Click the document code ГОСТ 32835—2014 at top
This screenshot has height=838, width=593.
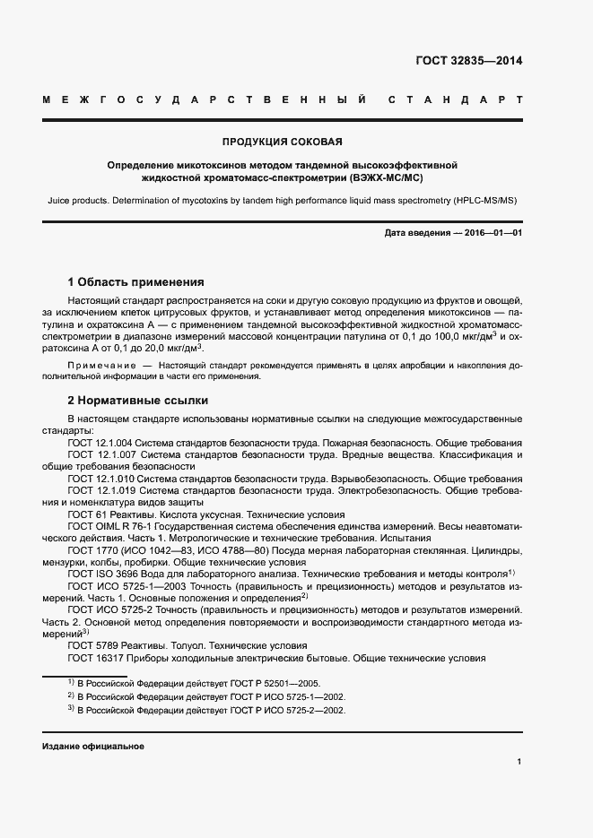468,62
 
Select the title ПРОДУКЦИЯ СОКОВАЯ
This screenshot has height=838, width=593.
283,142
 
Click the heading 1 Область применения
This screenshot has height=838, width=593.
136,281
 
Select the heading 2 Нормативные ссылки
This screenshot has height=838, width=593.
138,400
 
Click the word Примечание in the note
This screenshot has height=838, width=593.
101,367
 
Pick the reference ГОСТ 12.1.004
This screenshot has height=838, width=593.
101,444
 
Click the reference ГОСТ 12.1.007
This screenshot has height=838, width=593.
101,455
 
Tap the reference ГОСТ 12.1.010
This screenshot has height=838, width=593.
101,479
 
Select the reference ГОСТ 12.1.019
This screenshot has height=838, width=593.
101,491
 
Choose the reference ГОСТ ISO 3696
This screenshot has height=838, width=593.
100,573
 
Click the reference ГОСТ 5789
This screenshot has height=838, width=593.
92,644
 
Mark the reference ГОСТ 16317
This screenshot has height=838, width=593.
95,657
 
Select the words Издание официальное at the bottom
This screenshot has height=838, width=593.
93,746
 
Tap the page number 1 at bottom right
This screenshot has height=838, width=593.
519,761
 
